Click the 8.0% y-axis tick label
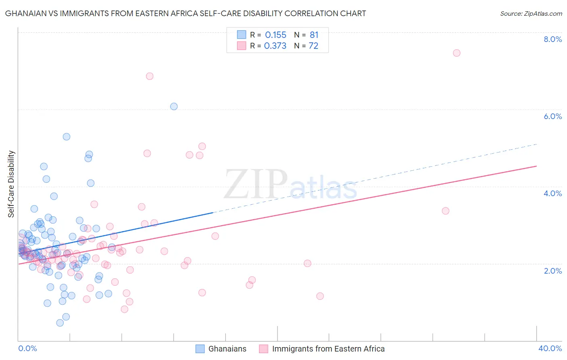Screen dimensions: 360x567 click(x=552, y=39)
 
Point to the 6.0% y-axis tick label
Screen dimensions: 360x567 click(x=552, y=116)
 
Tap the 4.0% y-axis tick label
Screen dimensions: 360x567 click(x=552, y=193)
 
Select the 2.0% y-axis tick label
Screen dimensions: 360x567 click(x=552, y=271)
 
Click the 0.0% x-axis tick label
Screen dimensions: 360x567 click(x=27, y=348)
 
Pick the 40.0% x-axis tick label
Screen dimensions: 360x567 click(x=550, y=348)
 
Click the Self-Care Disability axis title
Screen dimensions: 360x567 click(x=11, y=184)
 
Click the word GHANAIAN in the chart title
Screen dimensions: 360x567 click(x=26, y=13)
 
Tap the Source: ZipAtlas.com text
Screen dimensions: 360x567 click(x=531, y=13)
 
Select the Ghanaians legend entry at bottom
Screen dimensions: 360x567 click(x=227, y=349)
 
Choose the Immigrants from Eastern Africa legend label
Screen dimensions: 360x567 click(x=328, y=349)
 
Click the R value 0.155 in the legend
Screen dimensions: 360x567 click(x=275, y=35)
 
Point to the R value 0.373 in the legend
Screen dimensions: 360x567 click(x=275, y=46)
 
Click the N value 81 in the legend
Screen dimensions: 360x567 click(x=314, y=35)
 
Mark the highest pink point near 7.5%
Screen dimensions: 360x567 click(x=457, y=53)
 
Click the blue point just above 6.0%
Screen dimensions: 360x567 click(x=174, y=107)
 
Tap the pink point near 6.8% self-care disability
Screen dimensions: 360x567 click(x=150, y=76)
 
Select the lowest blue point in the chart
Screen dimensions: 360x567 click(x=60, y=323)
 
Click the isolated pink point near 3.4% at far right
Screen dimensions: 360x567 click(x=446, y=211)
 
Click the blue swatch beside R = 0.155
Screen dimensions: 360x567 click(x=241, y=35)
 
